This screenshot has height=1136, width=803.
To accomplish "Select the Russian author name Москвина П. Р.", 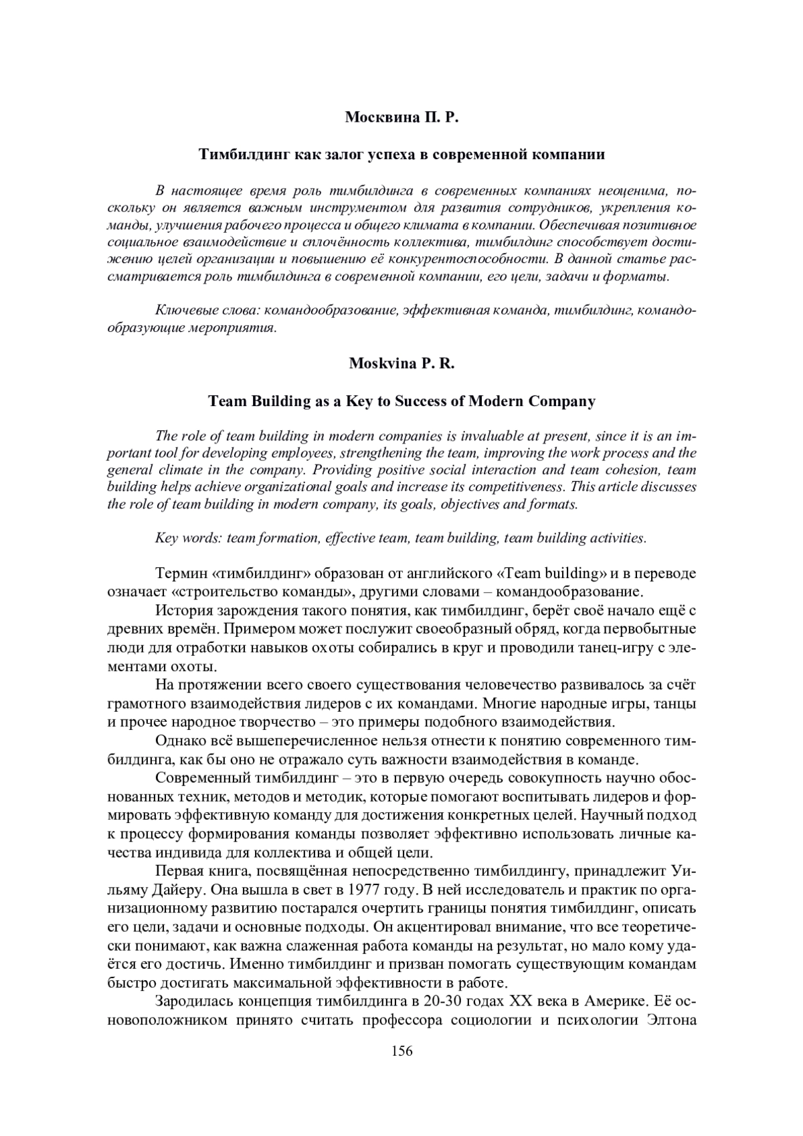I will [401, 118].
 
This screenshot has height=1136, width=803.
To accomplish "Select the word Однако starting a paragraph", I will [177, 741].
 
